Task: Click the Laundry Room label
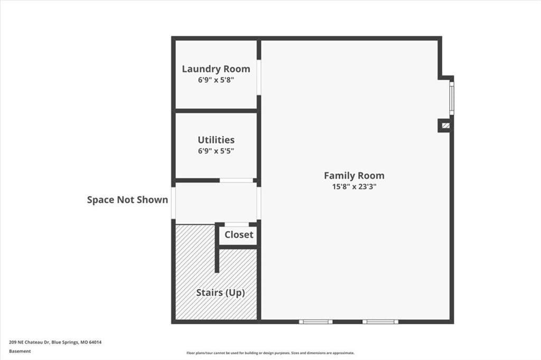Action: [216, 69]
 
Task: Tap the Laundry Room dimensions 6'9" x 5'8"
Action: [216, 80]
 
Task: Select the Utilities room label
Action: [216, 140]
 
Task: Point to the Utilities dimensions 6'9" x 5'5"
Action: [216, 150]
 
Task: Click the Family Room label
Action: [354, 176]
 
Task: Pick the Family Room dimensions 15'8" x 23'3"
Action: [354, 186]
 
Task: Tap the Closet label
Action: [239, 235]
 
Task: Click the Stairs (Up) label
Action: [220, 293]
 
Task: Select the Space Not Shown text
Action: [127, 200]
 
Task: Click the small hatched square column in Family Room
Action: [446, 126]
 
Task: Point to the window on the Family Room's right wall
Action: [452, 98]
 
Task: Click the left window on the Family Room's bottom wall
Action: [316, 321]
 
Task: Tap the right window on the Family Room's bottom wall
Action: [380, 321]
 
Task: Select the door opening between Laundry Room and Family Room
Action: [259, 77]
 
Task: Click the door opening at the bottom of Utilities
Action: [236, 181]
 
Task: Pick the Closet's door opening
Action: [237, 225]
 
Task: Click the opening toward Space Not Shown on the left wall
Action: [173, 203]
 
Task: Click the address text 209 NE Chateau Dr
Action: [30, 343]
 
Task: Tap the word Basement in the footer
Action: [20, 352]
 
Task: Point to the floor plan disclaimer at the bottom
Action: [270, 353]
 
